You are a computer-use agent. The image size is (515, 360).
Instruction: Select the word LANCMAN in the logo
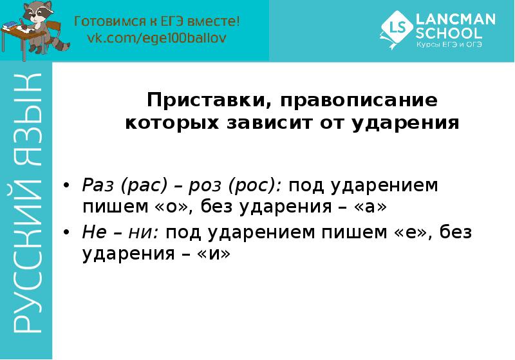tap(456, 19)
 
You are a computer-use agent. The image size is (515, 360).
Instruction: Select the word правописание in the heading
tap(350, 101)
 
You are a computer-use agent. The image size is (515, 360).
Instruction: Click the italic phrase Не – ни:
tap(120, 232)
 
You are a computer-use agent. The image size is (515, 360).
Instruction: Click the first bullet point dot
tap(66, 186)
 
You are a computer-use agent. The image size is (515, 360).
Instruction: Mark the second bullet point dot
tap(66, 233)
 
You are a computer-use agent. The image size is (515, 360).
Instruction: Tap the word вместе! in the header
tap(216, 21)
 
